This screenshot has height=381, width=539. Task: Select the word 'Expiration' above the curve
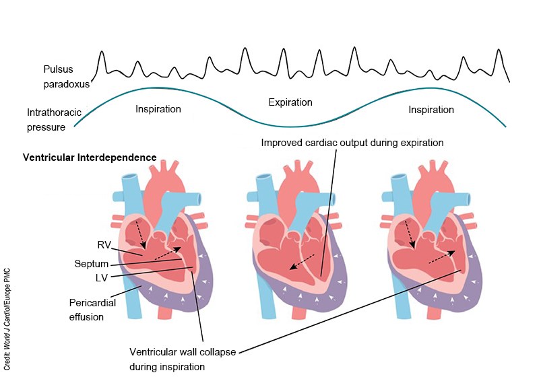tap(290, 102)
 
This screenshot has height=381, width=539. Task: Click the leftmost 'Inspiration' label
tap(158, 109)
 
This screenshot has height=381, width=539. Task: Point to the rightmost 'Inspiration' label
tap(431, 109)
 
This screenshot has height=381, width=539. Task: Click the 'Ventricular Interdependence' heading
tap(90, 158)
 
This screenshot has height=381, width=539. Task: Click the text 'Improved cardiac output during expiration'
tap(352, 143)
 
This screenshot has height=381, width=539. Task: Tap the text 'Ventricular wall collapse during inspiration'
tap(182, 359)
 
